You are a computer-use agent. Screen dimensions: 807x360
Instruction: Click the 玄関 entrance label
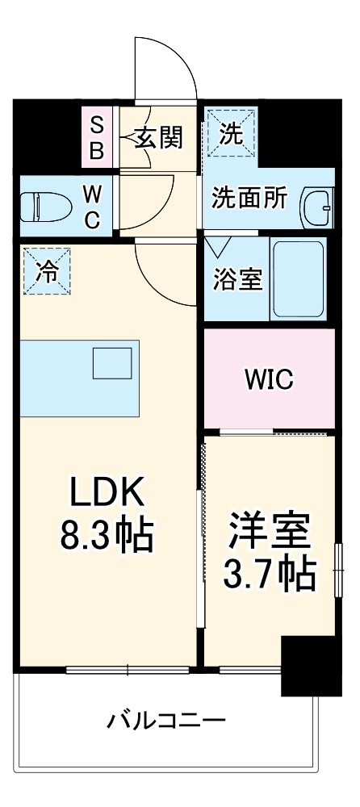pyautogui.click(x=158, y=137)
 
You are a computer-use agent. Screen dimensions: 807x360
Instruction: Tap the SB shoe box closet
pyautogui.click(x=96, y=137)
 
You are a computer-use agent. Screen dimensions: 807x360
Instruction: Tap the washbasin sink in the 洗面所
pyautogui.click(x=316, y=208)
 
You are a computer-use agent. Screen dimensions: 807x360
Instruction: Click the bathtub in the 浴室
pyautogui.click(x=298, y=278)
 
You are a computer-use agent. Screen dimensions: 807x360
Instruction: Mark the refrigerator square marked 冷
pyautogui.click(x=46, y=272)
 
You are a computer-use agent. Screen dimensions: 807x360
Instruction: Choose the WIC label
pyautogui.click(x=269, y=378)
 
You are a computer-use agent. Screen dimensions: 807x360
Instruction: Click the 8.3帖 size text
pyautogui.click(x=106, y=533)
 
